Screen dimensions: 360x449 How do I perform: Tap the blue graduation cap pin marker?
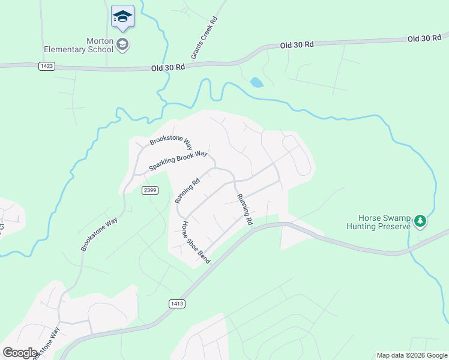click(x=122, y=17)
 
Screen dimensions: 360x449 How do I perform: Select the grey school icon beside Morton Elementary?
click(x=122, y=44)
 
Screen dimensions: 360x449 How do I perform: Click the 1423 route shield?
click(x=47, y=66)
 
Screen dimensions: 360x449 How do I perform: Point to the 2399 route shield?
click(x=150, y=190)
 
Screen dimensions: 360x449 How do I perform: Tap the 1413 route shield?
click(x=176, y=304)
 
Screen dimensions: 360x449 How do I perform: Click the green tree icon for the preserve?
click(x=420, y=222)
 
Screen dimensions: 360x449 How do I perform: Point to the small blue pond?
click(x=256, y=82)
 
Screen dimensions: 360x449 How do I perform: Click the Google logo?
click(x=19, y=353)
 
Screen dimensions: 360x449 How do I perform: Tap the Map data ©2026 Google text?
click(x=411, y=355)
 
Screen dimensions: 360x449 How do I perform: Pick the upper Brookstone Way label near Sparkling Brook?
click(x=171, y=143)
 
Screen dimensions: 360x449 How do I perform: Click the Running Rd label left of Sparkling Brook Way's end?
click(x=187, y=191)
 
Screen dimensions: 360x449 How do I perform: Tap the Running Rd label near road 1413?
click(x=244, y=209)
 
